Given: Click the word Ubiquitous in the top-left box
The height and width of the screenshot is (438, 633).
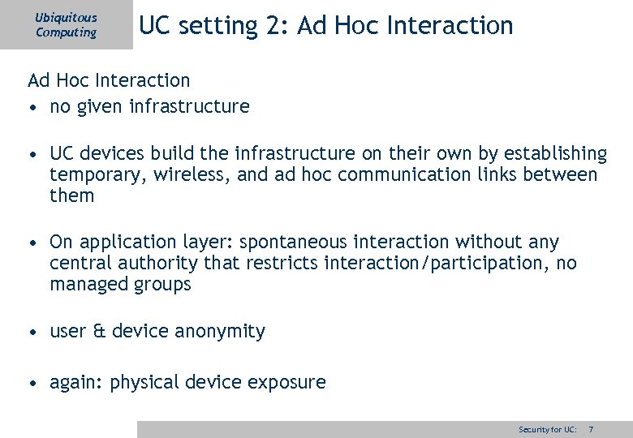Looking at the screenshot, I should pyautogui.click(x=66, y=17).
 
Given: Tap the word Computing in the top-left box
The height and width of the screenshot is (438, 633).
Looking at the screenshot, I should pyautogui.click(x=66, y=32).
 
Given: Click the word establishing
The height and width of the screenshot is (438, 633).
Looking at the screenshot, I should pyautogui.click(x=555, y=153).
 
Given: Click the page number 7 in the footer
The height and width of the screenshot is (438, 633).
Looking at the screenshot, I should pyautogui.click(x=591, y=429).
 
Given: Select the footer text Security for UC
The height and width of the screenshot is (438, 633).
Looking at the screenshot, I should pyautogui.click(x=548, y=429).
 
